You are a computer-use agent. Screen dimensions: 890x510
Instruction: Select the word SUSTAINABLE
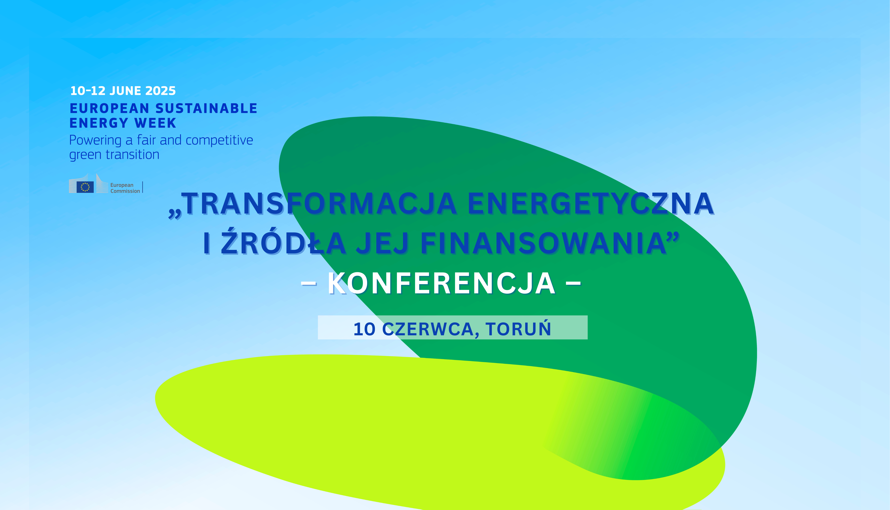[206, 109]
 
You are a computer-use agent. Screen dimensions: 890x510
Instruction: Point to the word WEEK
[155, 123]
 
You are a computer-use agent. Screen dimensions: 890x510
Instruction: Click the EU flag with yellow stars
[85, 187]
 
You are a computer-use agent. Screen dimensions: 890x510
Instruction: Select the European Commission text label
[125, 188]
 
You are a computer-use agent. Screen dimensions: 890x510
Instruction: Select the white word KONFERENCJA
[442, 283]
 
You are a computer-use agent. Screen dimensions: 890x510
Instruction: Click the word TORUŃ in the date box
[518, 329]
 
